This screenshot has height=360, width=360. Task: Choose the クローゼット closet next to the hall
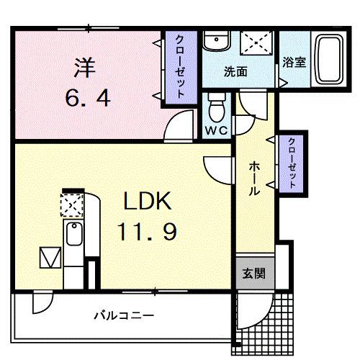coord(292,163)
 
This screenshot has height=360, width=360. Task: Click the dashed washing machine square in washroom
coord(256,43)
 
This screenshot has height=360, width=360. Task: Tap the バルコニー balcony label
coord(123,315)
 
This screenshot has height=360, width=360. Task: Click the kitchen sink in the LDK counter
coord(73,234)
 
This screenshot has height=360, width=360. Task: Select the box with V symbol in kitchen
coord(50,256)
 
